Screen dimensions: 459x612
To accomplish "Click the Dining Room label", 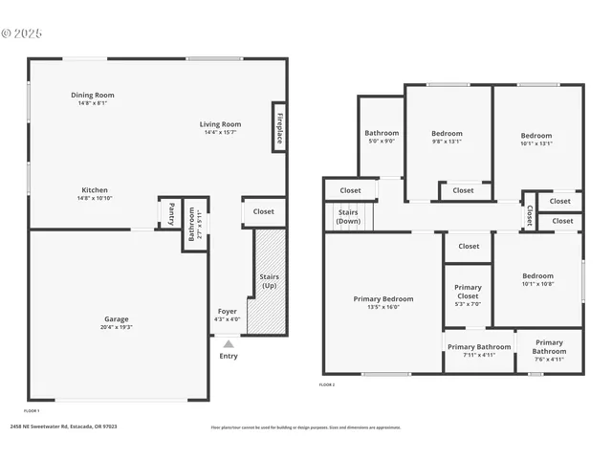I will point(93,95).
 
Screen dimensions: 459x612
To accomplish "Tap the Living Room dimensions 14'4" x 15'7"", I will point(220,133).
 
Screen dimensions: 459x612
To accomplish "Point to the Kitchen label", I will point(94,189).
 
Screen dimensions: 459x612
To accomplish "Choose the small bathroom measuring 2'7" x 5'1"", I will point(195,226).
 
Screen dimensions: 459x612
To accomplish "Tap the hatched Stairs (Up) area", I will point(270,281).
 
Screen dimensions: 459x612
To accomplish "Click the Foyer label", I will point(228,311).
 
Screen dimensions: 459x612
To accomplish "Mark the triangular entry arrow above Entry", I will point(228,342).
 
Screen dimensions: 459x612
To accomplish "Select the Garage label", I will point(117,318).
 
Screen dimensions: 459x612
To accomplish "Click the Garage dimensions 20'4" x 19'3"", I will point(117,327).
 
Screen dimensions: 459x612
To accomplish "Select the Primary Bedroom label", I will point(382,298).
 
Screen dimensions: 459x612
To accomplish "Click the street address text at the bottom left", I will point(63,427).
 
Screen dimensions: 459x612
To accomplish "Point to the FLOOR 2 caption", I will point(327,384).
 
